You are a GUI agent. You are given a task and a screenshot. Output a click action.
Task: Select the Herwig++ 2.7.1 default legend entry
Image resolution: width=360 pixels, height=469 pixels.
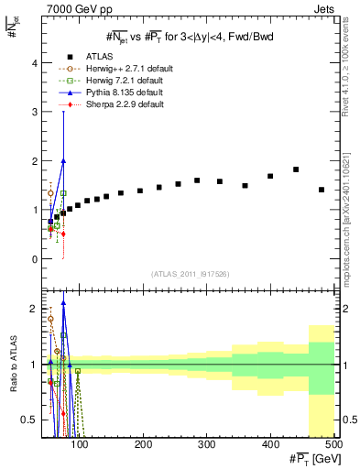point(104,69)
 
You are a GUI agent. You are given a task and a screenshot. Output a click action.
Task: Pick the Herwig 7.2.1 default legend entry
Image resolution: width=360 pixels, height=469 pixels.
point(102,81)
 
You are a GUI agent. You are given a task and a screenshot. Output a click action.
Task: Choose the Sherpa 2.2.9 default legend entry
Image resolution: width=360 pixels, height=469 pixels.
point(101,104)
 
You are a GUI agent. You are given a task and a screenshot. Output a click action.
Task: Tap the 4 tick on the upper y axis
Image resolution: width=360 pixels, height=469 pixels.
point(34,63)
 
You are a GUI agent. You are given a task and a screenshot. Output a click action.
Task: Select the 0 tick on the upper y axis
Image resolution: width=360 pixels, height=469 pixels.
point(34,259)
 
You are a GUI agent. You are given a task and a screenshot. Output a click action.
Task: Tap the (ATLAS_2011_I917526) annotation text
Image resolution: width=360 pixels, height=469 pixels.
point(189,274)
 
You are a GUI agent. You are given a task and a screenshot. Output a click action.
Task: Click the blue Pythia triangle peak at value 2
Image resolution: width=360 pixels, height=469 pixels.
point(63,160)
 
